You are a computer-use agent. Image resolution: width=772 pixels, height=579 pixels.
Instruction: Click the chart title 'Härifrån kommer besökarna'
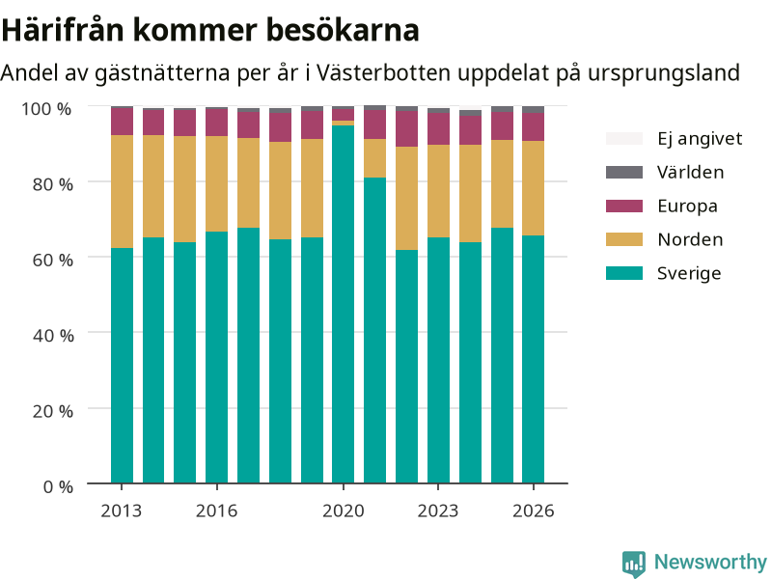pyautogui.click(x=210, y=30)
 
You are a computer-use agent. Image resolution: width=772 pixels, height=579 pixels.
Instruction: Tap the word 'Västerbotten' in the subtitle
pyautogui.click(x=383, y=73)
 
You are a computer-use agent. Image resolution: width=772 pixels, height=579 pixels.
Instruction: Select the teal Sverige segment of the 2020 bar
pyautogui.click(x=344, y=304)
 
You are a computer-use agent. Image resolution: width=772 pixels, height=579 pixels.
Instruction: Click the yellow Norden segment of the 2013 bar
pyautogui.click(x=122, y=191)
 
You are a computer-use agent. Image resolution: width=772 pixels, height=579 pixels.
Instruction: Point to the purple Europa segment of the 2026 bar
pyautogui.click(x=534, y=127)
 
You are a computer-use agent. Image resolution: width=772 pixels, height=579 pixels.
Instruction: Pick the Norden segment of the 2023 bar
pyautogui.click(x=438, y=191)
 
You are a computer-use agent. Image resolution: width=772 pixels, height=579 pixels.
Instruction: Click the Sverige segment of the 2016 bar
pyautogui.click(x=216, y=357)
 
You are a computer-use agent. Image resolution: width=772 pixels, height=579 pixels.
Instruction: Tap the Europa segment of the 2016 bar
pyautogui.click(x=216, y=123)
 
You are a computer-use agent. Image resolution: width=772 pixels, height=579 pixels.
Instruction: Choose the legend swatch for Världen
pyautogui.click(x=624, y=173)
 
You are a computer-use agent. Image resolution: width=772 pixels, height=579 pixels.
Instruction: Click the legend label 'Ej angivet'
pyautogui.click(x=700, y=139)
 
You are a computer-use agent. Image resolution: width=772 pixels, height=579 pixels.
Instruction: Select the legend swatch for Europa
pyautogui.click(x=624, y=206)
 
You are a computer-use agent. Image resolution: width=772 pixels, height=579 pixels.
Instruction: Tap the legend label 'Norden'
pyautogui.click(x=690, y=239)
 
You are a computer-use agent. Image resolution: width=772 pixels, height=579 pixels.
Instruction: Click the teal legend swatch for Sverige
pyautogui.click(x=624, y=273)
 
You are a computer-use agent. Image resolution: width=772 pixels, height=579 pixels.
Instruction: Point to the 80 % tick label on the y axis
pyautogui.click(x=53, y=184)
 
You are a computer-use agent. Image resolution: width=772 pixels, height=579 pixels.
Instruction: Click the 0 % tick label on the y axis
pyautogui.click(x=58, y=487)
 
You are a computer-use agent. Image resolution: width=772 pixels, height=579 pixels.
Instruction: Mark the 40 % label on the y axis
pyautogui.click(x=53, y=336)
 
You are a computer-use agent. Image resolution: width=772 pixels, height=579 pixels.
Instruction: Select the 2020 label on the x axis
pyautogui.click(x=344, y=511)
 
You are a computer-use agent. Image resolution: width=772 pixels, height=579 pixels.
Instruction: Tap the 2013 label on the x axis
pyautogui.click(x=122, y=511)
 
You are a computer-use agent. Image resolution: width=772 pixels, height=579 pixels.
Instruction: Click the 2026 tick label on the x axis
pyautogui.click(x=534, y=511)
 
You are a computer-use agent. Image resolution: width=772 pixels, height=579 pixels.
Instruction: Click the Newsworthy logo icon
pyautogui.click(x=634, y=564)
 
